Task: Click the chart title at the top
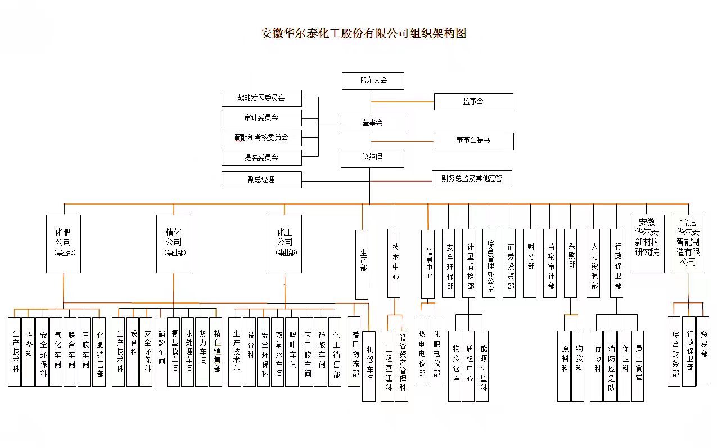tap(364, 33)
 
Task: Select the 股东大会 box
tap(373, 80)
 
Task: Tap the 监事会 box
tap(473, 102)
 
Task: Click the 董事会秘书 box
tap(473, 141)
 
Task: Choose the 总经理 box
tap(372, 158)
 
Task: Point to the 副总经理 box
tap(261, 180)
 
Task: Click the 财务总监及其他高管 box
tap(472, 179)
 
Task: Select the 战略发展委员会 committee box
tap(261, 98)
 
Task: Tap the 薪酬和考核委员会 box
tap(261, 138)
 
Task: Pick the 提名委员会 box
tap(261, 157)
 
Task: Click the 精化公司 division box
tap(173, 243)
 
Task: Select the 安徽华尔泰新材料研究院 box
tap(647, 243)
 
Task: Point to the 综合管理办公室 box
tap(489, 263)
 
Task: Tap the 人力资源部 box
tap(593, 263)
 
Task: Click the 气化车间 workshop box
tap(56, 351)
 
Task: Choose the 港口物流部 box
tap(354, 351)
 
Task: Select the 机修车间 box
tap(369, 366)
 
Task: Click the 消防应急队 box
tap(611, 366)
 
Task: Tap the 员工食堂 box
tap(637, 366)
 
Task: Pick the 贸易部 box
tap(703, 351)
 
